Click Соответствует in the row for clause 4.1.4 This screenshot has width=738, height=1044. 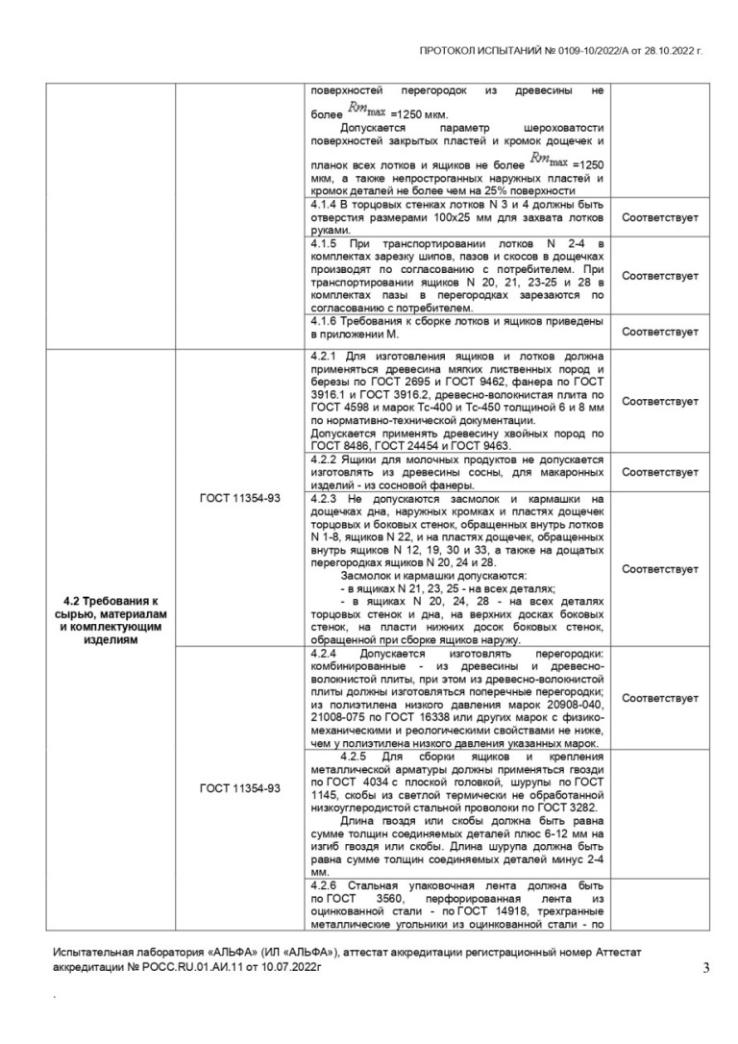[660, 218]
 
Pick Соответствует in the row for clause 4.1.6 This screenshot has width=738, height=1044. [660, 332]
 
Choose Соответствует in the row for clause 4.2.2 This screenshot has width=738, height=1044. [660, 472]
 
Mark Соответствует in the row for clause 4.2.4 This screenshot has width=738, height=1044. [660, 698]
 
